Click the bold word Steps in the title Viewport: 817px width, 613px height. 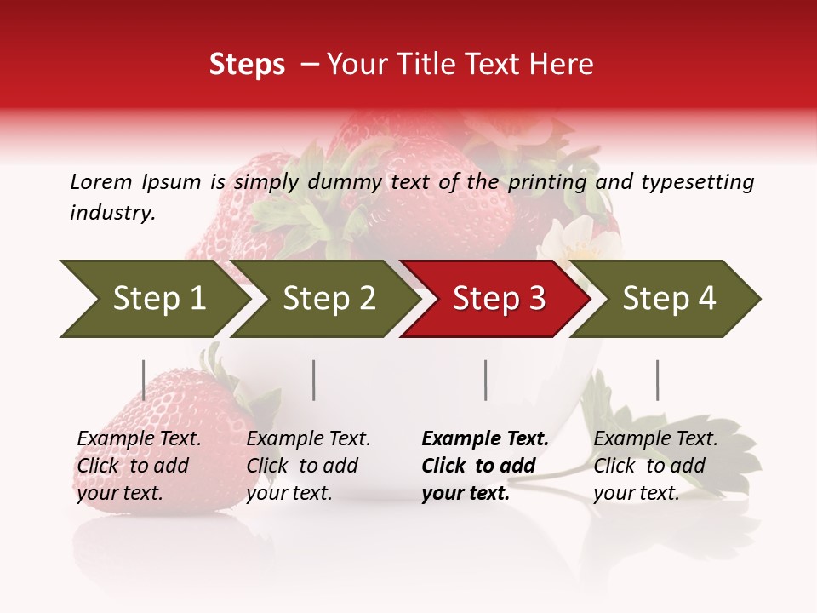tap(247, 65)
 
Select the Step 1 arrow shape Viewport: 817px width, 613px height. tap(153, 299)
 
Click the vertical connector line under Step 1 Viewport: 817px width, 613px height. tap(143, 380)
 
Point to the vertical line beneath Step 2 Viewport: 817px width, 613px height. tap(314, 380)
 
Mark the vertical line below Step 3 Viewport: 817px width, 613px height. tap(485, 380)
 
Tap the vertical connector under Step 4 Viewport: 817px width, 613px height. tap(657, 380)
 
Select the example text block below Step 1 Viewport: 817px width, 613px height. tap(139, 466)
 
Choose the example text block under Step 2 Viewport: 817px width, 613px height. tap(308, 466)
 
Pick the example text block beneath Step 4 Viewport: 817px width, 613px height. tap(655, 466)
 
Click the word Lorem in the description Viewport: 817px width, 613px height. tap(101, 181)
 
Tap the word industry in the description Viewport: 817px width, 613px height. tap(112, 212)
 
